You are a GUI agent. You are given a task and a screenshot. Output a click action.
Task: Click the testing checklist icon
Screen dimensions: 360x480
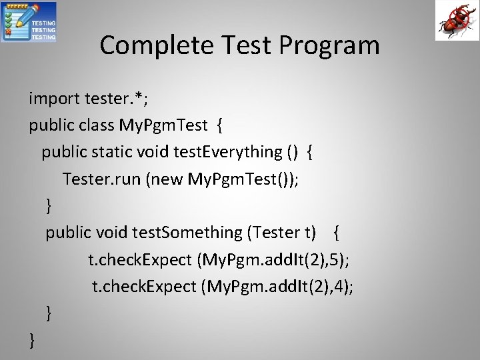[30, 22]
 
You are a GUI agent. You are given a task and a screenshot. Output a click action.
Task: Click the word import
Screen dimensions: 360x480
[54, 99]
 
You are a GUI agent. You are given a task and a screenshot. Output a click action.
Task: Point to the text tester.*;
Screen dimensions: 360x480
[116, 99]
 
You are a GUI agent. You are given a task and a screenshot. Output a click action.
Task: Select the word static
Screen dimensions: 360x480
[115, 151]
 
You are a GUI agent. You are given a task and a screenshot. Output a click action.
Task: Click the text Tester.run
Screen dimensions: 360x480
[100, 179]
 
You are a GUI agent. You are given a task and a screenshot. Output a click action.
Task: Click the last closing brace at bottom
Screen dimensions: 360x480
[32, 340]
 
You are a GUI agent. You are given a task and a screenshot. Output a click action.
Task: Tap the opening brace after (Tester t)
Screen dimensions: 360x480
[338, 232]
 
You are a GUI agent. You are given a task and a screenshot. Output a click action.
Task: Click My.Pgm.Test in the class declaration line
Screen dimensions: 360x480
[160, 125]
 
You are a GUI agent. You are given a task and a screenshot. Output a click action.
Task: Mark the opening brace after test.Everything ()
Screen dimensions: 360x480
[311, 151]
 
